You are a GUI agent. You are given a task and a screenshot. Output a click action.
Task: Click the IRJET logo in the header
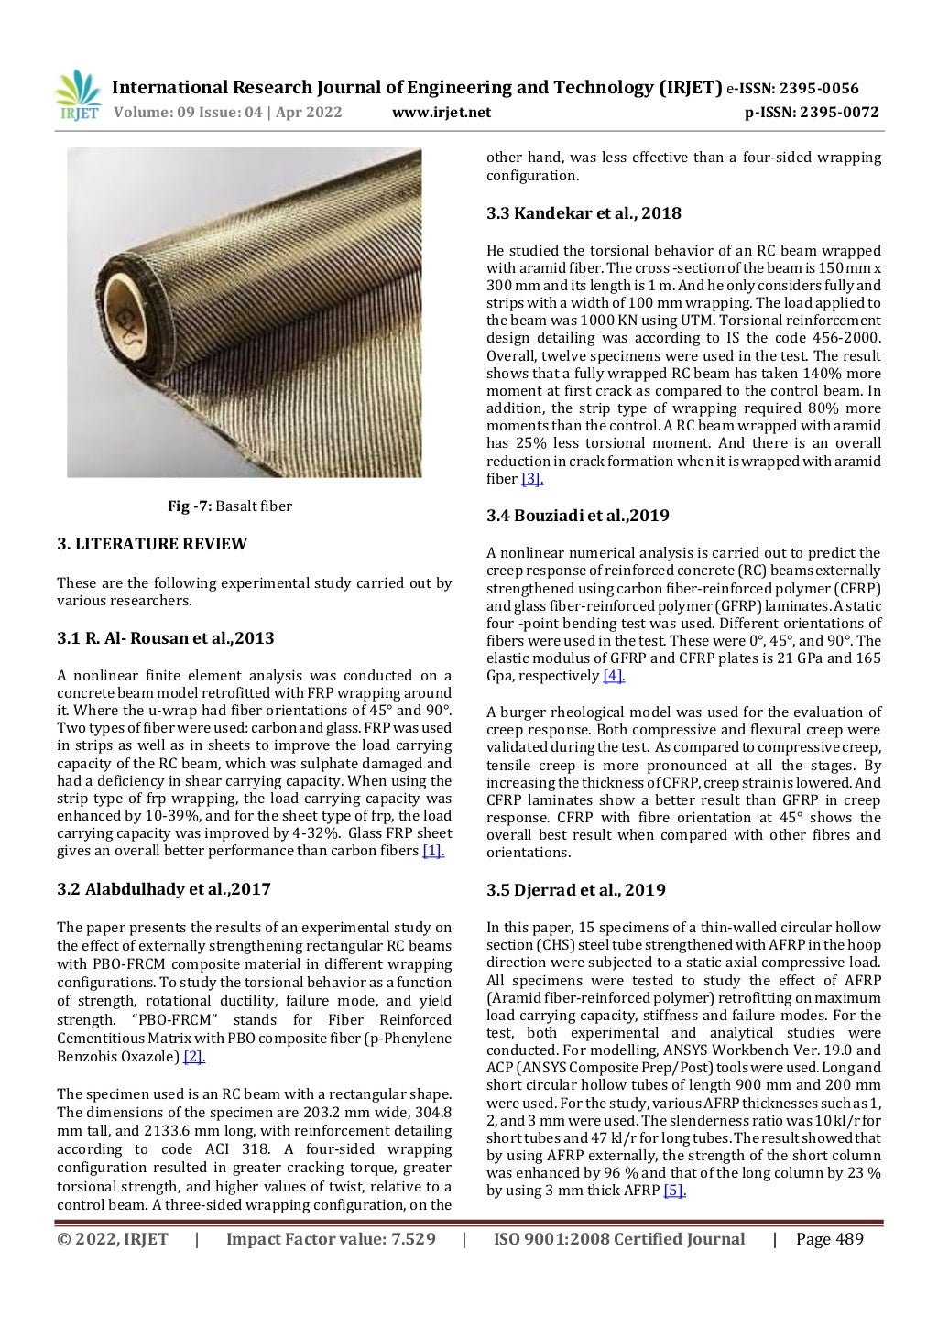[78, 96]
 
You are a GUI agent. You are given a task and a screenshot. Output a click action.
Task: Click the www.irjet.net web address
[441, 113]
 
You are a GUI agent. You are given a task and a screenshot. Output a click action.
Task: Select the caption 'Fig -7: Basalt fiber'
[229, 506]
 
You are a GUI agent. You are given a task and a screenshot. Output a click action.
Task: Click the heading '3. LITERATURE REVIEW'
[152, 544]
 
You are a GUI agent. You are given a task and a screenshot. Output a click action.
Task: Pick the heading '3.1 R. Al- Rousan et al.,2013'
[166, 638]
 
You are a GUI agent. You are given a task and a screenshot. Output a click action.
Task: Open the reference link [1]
[432, 852]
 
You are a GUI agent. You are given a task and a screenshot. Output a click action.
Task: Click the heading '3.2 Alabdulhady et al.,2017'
[164, 889]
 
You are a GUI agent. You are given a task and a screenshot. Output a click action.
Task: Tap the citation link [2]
[194, 1057]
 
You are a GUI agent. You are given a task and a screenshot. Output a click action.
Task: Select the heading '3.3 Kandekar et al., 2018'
[584, 213]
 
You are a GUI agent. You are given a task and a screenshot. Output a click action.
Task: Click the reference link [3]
[532, 479]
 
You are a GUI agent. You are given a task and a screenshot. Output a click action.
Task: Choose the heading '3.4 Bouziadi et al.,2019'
[578, 516]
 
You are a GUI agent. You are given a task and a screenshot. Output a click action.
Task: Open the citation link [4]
[613, 676]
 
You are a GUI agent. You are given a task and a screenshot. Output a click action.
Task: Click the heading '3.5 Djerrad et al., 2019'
[576, 890]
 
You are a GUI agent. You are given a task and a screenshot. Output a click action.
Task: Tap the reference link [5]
[674, 1191]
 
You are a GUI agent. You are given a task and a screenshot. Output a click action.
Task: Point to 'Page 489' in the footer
[830, 1240]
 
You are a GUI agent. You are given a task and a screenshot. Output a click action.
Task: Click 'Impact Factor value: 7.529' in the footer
[331, 1240]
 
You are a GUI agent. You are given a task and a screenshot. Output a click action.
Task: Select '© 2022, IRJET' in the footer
[113, 1240]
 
